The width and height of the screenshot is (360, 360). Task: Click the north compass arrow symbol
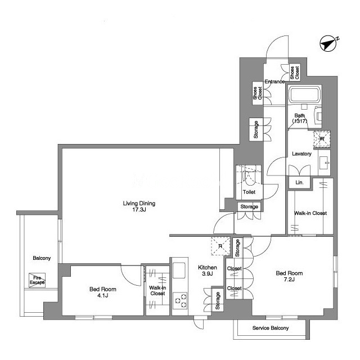[x=328, y=43]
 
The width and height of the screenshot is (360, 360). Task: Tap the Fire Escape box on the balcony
[x=37, y=280]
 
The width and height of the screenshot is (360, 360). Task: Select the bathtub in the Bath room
[x=304, y=94]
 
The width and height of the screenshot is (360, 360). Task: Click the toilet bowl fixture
[x=249, y=177]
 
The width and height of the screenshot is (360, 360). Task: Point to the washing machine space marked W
[x=322, y=139]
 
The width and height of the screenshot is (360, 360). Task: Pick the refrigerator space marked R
[x=220, y=246]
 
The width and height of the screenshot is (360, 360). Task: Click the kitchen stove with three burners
[x=180, y=300]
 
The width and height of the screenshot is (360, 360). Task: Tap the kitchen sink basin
[x=179, y=270]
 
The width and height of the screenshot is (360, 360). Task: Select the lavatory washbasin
[x=324, y=163]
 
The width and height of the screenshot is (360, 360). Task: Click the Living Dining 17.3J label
[x=139, y=206]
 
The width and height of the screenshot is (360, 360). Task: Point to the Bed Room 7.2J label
[x=289, y=276]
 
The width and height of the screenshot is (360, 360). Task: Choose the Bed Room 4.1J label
[x=102, y=292]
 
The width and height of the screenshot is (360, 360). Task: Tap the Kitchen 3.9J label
[x=208, y=270]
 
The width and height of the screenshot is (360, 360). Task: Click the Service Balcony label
[x=271, y=328]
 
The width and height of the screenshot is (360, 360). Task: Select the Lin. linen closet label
[x=299, y=182]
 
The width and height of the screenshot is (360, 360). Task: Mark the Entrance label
[x=274, y=82]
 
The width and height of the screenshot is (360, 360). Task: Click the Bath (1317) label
[x=300, y=118]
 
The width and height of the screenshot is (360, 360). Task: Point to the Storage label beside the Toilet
[x=249, y=206]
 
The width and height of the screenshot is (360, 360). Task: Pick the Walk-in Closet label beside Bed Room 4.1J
[x=157, y=290]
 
